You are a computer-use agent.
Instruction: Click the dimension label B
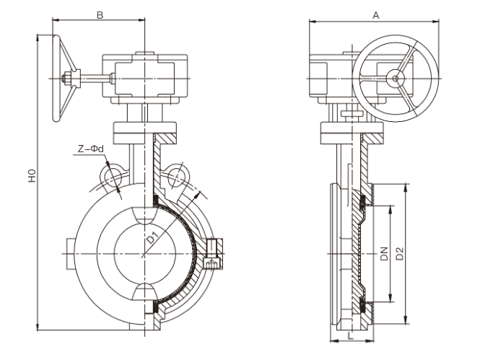tap(100, 14)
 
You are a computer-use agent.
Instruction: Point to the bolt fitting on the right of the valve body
tap(213, 254)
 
